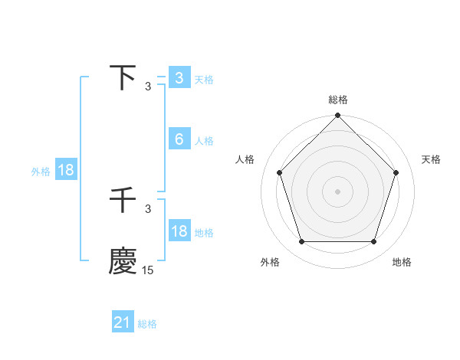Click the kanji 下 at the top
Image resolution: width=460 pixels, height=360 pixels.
pyautogui.click(x=123, y=78)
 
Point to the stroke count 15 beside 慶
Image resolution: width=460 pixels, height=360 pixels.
pyautogui.click(x=147, y=270)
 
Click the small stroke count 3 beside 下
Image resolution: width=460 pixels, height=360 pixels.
pyautogui.click(x=148, y=87)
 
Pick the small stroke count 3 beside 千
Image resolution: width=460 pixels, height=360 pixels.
pyautogui.click(x=148, y=208)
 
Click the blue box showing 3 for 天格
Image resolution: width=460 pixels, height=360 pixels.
pyautogui.click(x=179, y=78)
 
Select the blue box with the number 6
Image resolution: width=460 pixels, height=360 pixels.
pyautogui.click(x=179, y=139)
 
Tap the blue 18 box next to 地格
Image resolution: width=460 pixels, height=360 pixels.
pyautogui.click(x=179, y=231)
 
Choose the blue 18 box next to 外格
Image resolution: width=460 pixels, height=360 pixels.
pyautogui.click(x=65, y=170)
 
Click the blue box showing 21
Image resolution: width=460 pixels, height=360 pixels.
pyautogui.click(x=123, y=322)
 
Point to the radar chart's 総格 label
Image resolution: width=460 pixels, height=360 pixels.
pyautogui.click(x=338, y=100)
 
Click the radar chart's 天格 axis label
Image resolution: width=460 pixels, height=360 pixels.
pyautogui.click(x=431, y=159)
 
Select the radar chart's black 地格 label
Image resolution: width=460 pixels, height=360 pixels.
pyautogui.click(x=402, y=262)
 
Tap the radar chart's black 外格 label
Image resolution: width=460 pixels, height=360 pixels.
pyautogui.click(x=270, y=262)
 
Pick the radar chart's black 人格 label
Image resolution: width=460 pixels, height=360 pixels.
pyautogui.click(x=245, y=159)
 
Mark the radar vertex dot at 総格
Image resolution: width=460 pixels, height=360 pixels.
pyautogui.click(x=338, y=116)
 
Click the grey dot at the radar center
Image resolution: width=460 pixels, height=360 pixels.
pyautogui.click(x=338, y=191)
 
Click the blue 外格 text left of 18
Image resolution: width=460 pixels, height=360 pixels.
pyautogui.click(x=41, y=172)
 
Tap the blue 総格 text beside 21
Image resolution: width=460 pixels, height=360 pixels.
pyautogui.click(x=147, y=324)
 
